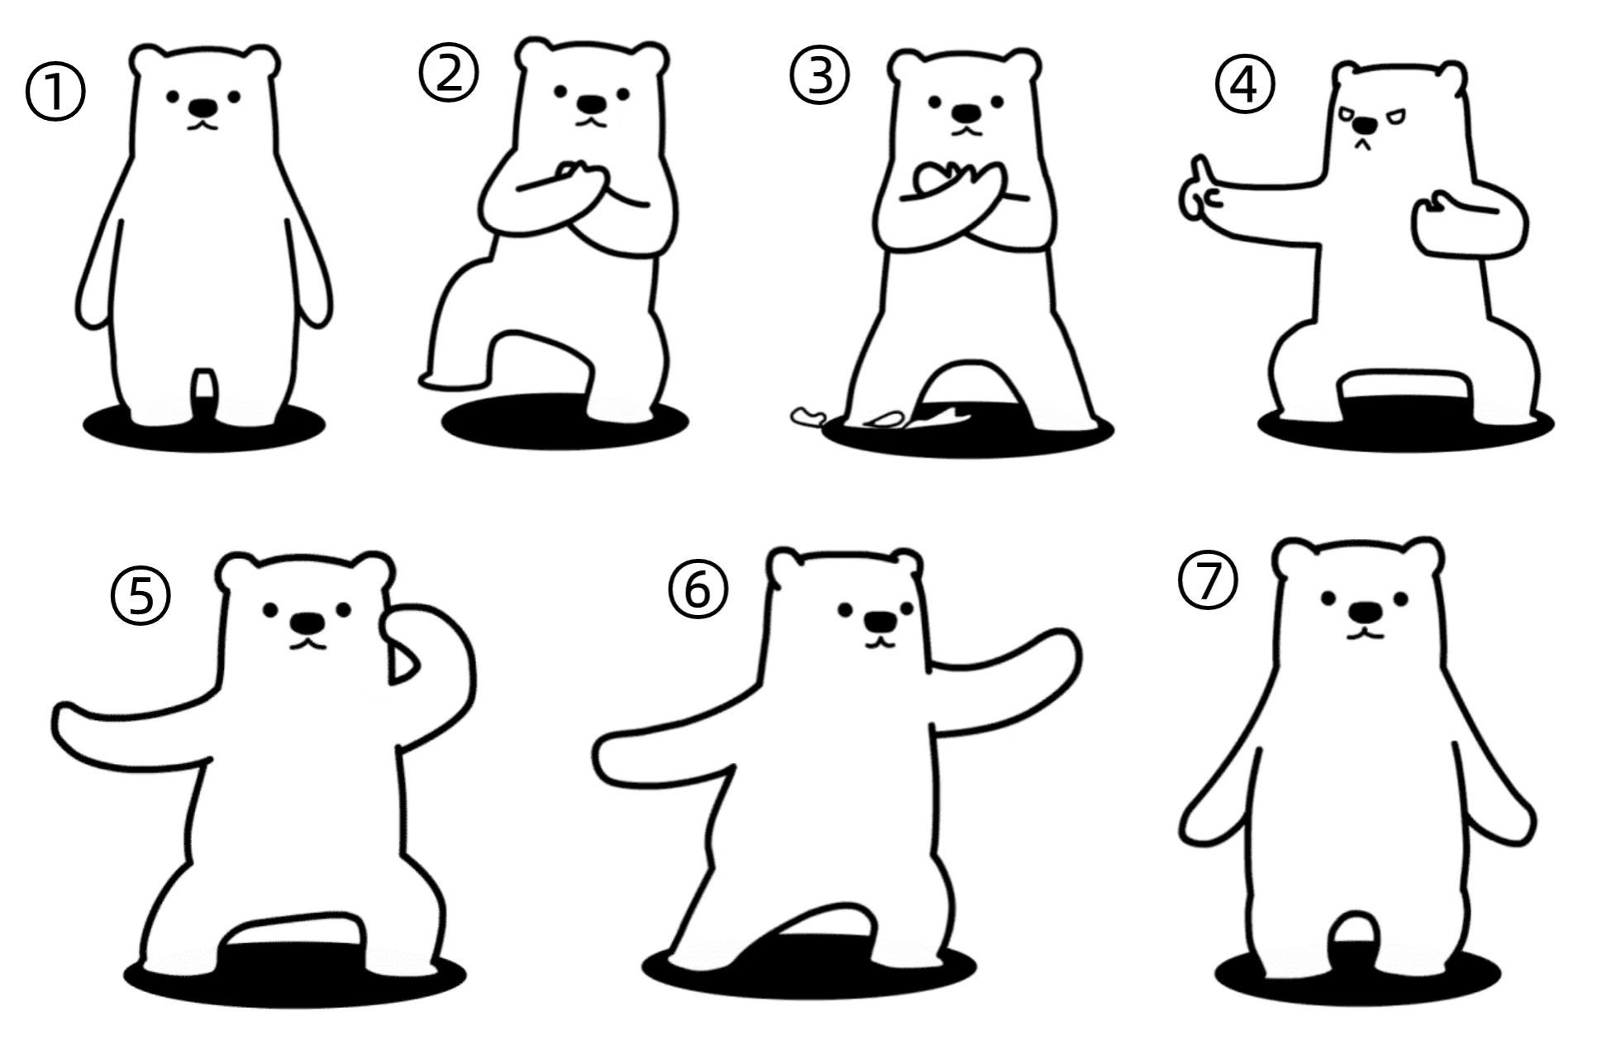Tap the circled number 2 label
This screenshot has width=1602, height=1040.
pos(449,73)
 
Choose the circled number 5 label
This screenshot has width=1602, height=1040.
pos(141,599)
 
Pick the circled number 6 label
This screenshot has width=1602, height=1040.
pos(698,590)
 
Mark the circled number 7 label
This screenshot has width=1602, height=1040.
pos(1208,580)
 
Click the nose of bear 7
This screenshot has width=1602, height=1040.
pos(1364,613)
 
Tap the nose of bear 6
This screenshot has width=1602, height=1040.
pos(879,621)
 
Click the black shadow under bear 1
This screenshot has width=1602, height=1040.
pos(204,428)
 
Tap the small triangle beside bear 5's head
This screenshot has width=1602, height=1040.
pos(403,666)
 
